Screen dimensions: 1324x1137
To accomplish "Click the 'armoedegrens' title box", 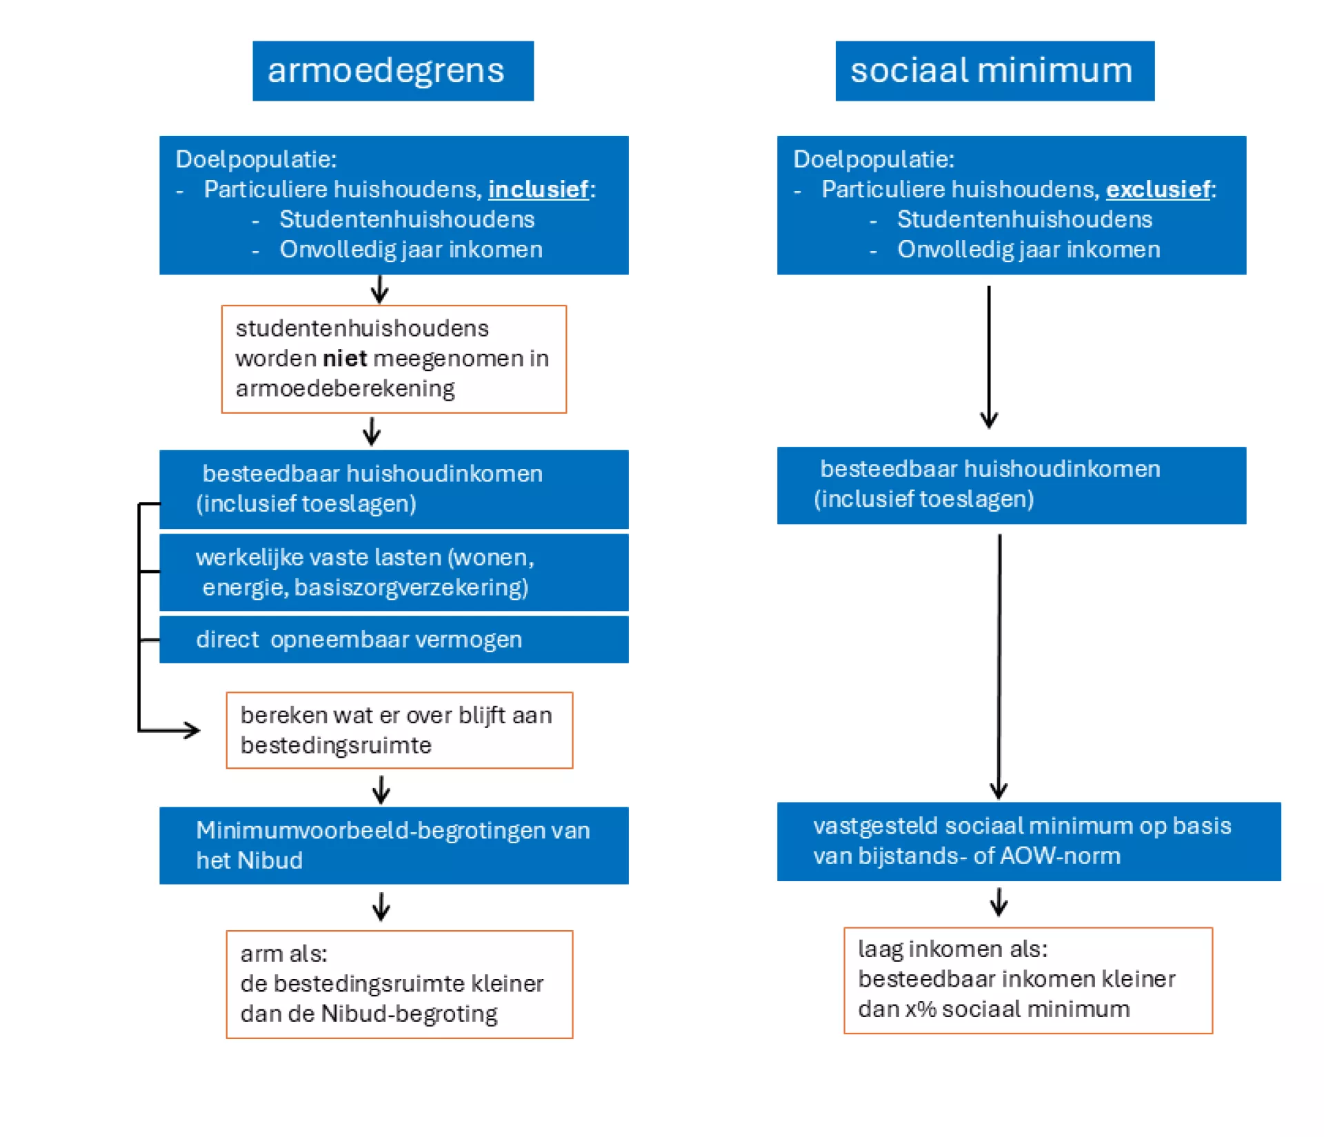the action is pos(393,71).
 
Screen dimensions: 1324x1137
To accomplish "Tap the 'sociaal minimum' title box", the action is pos(995,71).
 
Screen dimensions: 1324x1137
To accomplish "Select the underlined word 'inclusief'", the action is pos(539,190).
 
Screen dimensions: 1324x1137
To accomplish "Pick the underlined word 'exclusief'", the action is pos(1158,190).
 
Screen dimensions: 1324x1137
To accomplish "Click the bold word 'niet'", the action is pos(345,359).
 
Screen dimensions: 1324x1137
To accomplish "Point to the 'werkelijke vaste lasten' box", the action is pos(394,572).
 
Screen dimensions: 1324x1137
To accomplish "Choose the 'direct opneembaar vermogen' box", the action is pos(394,640).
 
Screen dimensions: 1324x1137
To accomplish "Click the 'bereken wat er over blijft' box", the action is pos(399,730).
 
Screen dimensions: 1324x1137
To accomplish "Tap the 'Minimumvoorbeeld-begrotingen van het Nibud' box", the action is pos(394,845).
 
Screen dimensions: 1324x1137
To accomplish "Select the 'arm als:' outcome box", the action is pos(399,984).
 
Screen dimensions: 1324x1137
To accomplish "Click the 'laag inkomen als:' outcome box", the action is pos(1028,980).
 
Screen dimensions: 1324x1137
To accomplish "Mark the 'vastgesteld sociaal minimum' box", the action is pos(1029,841).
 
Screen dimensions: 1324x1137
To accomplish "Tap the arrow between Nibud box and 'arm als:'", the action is pos(381,907).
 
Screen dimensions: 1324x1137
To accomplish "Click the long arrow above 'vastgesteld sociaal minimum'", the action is pos(999,667).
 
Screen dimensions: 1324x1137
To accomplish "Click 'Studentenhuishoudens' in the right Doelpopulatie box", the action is pos(1025,220).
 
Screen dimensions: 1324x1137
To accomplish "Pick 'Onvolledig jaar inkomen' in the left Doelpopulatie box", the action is pos(411,250).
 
